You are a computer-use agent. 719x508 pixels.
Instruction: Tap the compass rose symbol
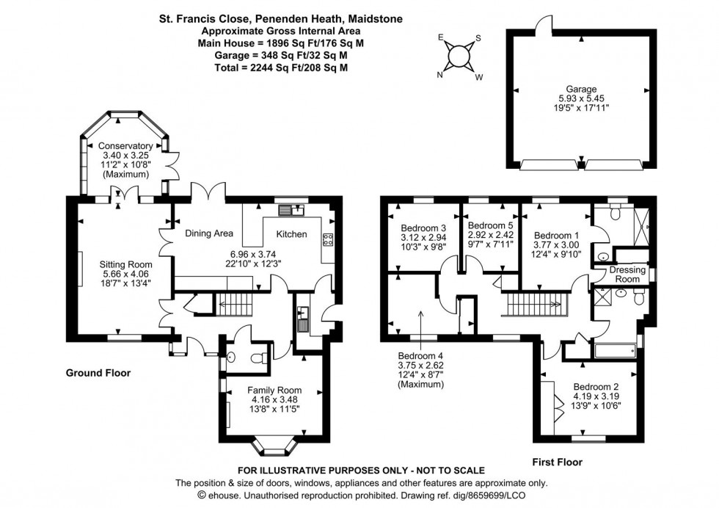[459, 56]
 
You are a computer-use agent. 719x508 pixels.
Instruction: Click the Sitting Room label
[126, 265]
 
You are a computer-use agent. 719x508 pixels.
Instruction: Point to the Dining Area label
[209, 233]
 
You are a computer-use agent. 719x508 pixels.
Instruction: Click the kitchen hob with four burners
[328, 239]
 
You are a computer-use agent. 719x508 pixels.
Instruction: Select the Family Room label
[274, 391]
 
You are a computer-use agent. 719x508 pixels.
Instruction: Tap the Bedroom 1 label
[554, 227]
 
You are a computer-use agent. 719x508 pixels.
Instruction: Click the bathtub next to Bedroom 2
[615, 350]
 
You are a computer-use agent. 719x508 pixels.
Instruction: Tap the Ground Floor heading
[98, 373]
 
